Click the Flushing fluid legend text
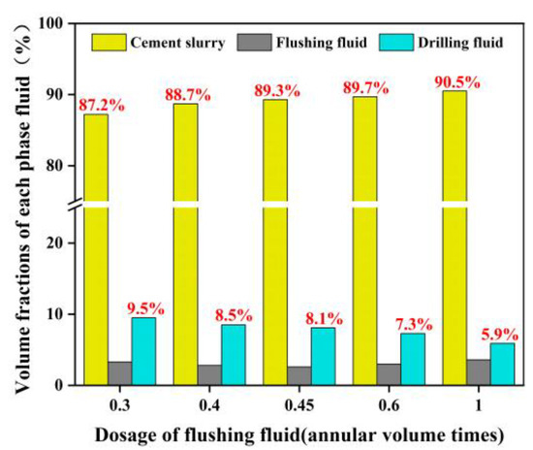[312, 42]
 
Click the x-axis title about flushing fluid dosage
[285, 433]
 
